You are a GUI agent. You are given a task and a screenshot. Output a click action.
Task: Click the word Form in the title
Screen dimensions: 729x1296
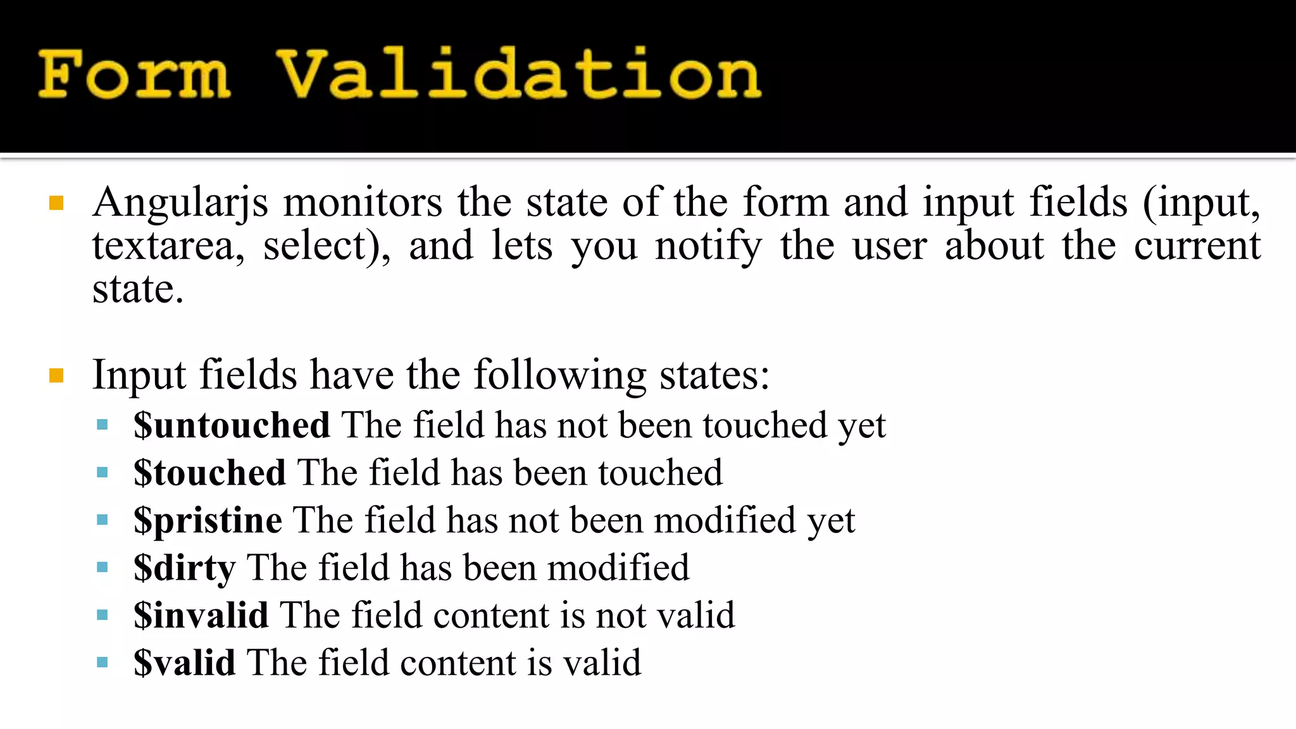point(134,75)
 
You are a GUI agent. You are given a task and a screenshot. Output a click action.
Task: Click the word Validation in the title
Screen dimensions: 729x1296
point(519,75)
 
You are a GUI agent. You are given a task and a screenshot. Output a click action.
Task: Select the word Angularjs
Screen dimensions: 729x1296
point(180,204)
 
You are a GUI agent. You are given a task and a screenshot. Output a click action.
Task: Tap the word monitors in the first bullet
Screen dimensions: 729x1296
point(362,202)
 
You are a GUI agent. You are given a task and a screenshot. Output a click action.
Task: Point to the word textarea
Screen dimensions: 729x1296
point(168,246)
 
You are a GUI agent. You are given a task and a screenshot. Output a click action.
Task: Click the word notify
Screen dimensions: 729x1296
point(708,246)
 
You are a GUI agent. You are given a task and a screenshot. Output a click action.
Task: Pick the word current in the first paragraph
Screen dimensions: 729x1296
point(1197,246)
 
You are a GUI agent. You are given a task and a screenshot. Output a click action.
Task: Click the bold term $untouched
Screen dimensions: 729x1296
point(232,425)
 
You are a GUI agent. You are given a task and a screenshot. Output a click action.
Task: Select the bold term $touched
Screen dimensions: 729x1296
point(209,473)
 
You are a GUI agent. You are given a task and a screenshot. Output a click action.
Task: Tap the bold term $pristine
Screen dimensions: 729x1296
point(208,521)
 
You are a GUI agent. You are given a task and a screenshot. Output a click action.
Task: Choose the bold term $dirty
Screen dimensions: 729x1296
point(184,568)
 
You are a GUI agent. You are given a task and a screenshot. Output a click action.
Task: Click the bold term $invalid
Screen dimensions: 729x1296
point(201,615)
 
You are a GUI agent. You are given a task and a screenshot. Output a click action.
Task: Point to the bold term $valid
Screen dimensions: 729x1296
point(184,663)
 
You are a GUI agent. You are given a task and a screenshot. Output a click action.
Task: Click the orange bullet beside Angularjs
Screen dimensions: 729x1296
point(56,203)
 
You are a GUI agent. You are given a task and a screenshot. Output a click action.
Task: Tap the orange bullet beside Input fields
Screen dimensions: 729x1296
point(56,376)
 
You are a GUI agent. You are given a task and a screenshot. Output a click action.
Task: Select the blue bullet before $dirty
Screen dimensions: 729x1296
point(103,567)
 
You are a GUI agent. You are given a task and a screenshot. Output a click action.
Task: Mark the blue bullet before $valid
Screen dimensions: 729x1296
point(103,662)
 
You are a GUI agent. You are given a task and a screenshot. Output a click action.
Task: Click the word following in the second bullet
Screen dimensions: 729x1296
point(560,375)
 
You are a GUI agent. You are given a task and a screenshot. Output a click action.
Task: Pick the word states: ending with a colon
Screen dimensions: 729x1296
point(714,375)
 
